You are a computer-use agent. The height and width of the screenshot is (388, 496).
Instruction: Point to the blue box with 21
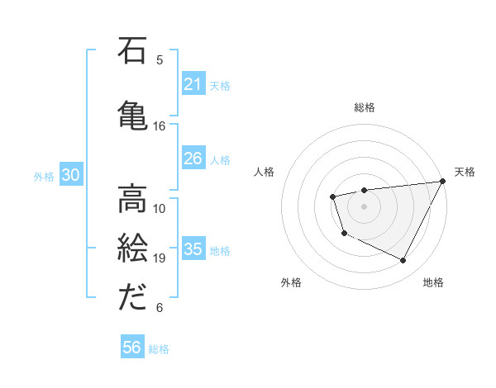click(x=193, y=84)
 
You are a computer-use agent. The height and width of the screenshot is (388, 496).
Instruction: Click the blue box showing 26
click(x=193, y=159)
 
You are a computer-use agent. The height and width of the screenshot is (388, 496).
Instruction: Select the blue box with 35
click(x=193, y=249)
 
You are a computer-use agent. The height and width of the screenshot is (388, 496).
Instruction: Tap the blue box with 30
click(x=71, y=175)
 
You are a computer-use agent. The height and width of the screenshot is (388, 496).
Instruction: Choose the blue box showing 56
click(x=132, y=348)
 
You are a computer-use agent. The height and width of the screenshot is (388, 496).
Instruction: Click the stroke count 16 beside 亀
click(x=160, y=126)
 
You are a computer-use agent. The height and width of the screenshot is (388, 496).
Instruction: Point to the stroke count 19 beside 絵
click(x=160, y=258)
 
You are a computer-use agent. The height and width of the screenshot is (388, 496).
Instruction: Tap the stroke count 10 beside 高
click(x=160, y=208)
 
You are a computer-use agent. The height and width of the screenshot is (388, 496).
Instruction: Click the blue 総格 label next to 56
click(x=159, y=349)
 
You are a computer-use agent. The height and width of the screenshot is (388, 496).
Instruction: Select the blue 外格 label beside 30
click(x=44, y=176)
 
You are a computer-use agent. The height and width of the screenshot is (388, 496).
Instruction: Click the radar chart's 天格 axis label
click(x=465, y=172)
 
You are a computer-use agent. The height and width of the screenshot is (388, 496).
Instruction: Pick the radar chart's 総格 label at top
click(x=365, y=107)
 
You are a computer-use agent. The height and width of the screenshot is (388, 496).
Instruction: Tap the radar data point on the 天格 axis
click(x=444, y=181)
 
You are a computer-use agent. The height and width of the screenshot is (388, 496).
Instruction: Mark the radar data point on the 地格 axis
click(x=403, y=261)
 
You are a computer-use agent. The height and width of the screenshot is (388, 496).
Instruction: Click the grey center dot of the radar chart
click(x=365, y=206)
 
